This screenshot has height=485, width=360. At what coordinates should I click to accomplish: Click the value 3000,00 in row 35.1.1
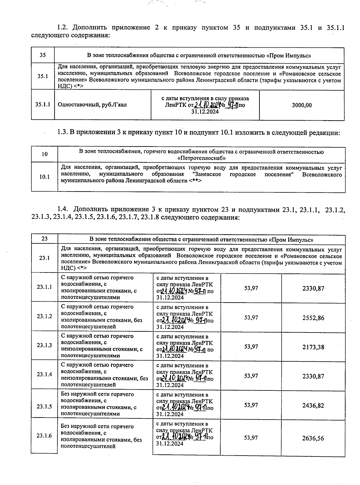coord(301,105)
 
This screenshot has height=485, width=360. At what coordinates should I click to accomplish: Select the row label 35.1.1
coord(43,105)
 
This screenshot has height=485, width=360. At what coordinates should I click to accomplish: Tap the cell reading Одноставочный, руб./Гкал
coord(92,105)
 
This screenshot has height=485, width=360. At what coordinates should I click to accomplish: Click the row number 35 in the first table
coord(43,55)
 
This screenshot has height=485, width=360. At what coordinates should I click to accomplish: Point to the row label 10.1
coord(44,177)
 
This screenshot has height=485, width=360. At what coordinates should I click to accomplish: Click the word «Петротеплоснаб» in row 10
coord(201,158)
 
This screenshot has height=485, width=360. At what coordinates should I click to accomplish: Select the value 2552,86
coord(313,318)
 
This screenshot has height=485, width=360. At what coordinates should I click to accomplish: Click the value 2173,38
coord(313,347)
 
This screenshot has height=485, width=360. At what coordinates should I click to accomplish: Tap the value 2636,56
coord(313,438)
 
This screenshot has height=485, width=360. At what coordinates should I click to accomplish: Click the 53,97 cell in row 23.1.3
coord(251,347)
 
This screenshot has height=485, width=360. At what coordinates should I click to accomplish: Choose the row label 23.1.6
coord(44,435)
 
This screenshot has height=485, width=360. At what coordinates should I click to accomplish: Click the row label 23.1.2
coord(44,316)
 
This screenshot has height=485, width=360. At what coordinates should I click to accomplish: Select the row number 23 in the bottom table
coord(44,239)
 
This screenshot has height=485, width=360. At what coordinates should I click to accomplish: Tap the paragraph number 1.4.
coord(63,209)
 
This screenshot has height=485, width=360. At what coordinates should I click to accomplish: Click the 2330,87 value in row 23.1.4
coord(313,376)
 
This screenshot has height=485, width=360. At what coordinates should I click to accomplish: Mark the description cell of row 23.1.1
coord(97,288)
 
